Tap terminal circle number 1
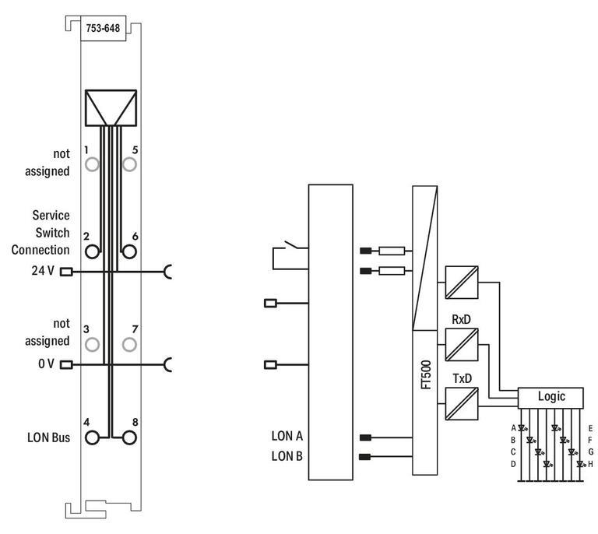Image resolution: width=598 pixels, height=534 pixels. (x=93, y=164)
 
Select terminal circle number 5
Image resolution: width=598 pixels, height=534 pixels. (x=129, y=164)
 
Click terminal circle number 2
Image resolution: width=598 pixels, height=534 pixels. (x=93, y=251)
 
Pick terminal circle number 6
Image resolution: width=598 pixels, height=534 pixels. (x=129, y=251)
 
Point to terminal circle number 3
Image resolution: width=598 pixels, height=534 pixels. (x=93, y=344)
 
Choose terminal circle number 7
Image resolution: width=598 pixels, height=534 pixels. (x=129, y=344)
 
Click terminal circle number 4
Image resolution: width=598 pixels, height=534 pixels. (x=93, y=437)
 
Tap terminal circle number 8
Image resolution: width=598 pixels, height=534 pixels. (x=129, y=437)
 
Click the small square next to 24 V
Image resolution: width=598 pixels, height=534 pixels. (x=66, y=272)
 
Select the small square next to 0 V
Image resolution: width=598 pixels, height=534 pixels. (x=66, y=364)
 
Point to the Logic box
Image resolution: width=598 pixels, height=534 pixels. (x=551, y=396)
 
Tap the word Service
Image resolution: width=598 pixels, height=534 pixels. (x=51, y=215)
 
